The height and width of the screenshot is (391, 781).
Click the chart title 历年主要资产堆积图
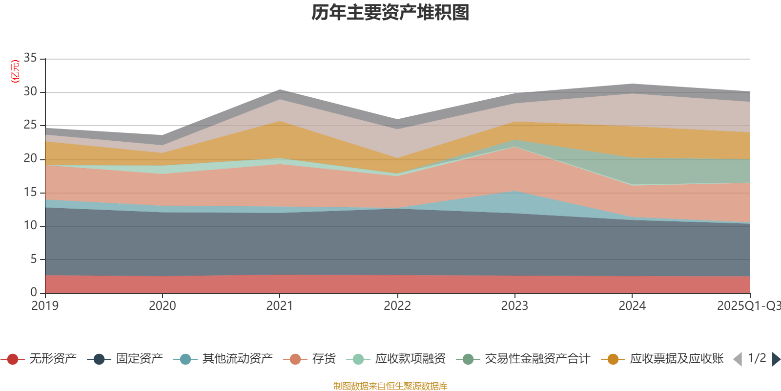[390, 13]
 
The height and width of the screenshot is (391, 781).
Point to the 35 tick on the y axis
[30, 58]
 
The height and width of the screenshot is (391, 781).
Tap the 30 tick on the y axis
[30, 91]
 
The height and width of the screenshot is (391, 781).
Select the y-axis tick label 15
[30, 192]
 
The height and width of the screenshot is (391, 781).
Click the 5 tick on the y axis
[34, 259]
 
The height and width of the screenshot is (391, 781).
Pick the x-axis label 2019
[45, 306]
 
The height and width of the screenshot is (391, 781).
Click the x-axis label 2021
[279, 306]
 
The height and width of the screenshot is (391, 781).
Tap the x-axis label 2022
[397, 306]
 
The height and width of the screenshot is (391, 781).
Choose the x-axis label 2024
[632, 306]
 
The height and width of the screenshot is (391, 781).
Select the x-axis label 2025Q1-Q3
[748, 306]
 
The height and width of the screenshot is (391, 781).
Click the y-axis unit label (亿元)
[15, 71]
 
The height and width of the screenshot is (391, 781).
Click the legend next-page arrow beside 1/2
[775, 359]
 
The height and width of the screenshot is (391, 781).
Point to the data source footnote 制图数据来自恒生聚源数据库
[390, 386]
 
